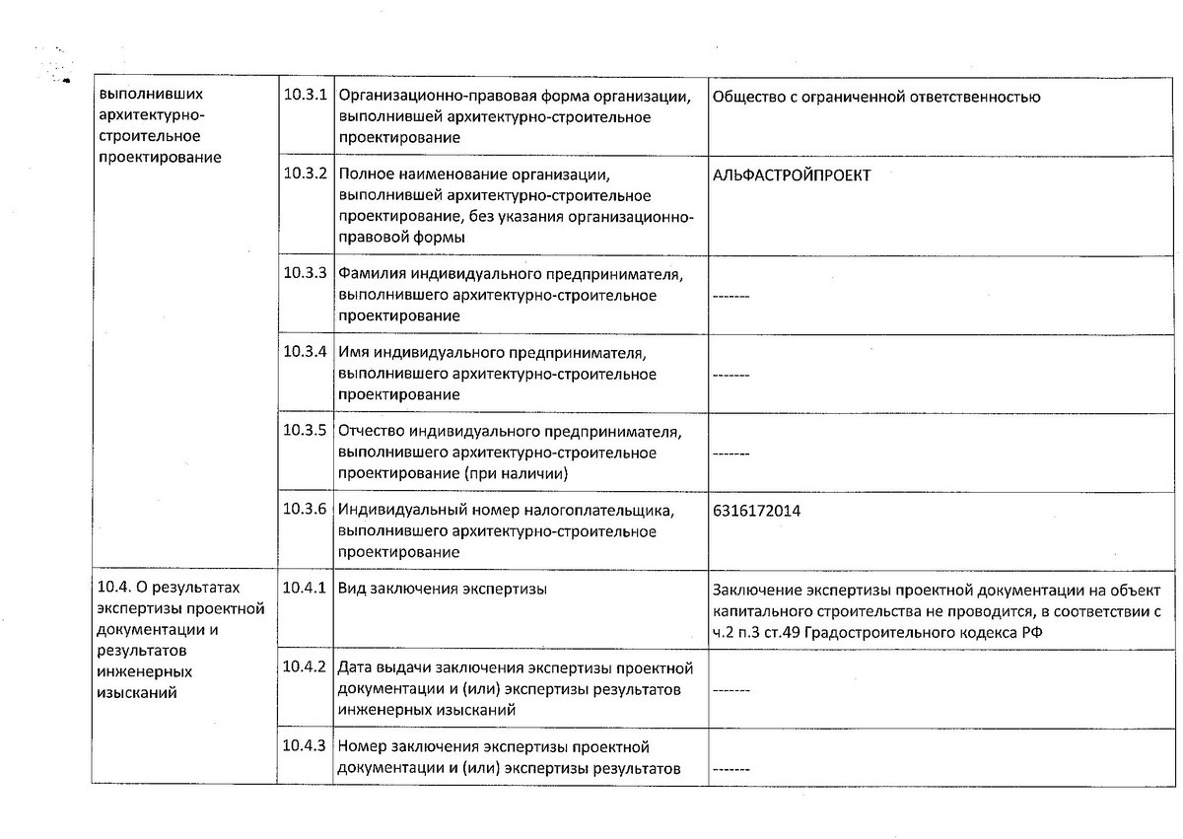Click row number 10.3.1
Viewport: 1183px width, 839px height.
click(x=304, y=96)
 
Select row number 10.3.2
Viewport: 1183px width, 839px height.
click(x=304, y=173)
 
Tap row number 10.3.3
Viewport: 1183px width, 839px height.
click(x=304, y=271)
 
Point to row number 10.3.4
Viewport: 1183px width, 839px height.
click(x=304, y=350)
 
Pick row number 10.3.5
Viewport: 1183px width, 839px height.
click(x=304, y=430)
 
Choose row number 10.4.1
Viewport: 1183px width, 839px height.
click(x=304, y=588)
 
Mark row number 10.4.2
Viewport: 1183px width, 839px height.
click(x=304, y=665)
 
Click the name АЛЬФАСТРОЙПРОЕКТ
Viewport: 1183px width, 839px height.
click(x=791, y=175)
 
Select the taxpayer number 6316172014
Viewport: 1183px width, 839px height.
click(x=755, y=511)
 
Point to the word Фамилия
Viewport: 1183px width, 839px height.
click(x=371, y=273)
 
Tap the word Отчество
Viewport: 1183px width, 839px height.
click(x=374, y=432)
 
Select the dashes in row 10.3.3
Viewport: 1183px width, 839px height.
click(x=731, y=296)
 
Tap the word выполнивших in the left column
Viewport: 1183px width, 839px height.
click(x=151, y=97)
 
